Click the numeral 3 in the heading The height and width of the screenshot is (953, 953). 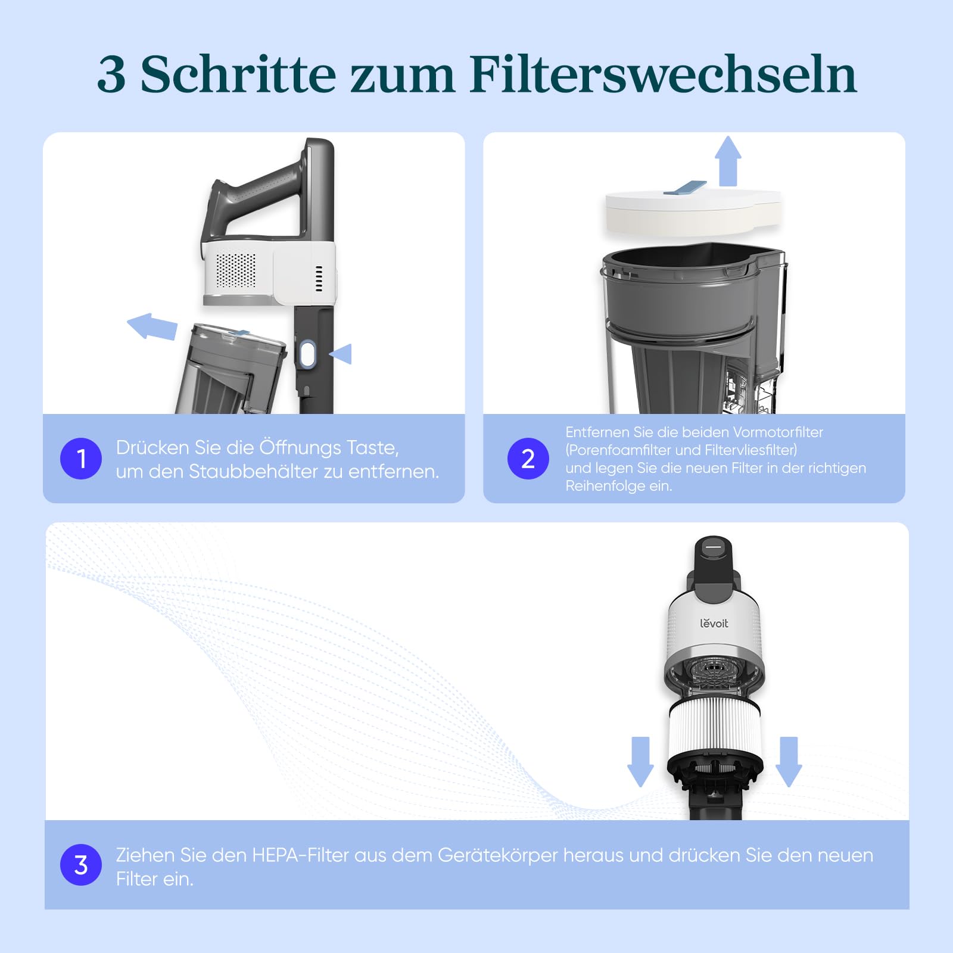(x=111, y=75)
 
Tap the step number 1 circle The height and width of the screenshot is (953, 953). (x=81, y=459)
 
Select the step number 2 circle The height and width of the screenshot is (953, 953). (x=528, y=459)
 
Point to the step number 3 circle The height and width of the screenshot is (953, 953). (x=81, y=865)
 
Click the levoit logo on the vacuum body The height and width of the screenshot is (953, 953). (x=714, y=623)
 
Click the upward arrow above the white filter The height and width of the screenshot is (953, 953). (x=728, y=161)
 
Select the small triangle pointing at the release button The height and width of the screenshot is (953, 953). (x=341, y=354)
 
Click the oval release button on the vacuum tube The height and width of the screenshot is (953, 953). (x=307, y=354)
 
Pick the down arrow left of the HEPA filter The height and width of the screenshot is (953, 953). (x=640, y=762)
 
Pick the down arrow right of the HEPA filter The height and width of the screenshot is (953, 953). (x=789, y=762)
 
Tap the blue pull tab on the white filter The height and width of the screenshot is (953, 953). (x=685, y=188)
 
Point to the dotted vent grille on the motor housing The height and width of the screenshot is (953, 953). (x=236, y=270)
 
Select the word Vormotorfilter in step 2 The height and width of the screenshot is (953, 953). (x=778, y=432)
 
